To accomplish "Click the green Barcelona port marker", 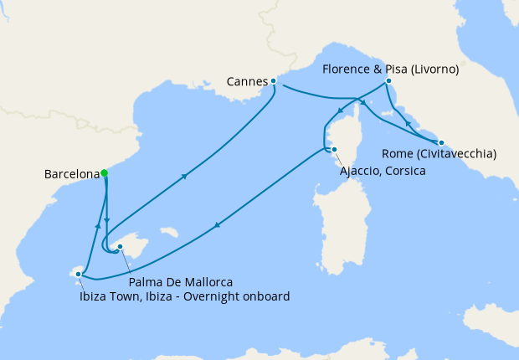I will (105, 173).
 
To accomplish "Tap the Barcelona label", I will (72, 175).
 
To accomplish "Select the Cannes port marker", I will (274, 81).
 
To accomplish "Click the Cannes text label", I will (247, 82).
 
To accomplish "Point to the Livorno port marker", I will (388, 81).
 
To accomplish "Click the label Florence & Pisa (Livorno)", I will (389, 69).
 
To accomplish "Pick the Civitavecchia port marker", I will (441, 143).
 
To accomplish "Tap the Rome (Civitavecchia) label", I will (439, 154).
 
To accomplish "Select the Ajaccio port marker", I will (333, 150).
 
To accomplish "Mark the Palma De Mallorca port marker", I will (121, 247).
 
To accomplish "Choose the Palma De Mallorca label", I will (181, 281).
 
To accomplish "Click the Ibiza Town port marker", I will (79, 273).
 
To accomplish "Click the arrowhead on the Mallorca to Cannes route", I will (183, 176).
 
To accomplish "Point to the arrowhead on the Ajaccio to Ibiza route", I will (218, 224).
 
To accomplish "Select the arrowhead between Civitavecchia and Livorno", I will (408, 124).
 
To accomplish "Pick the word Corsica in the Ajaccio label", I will (406, 171).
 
